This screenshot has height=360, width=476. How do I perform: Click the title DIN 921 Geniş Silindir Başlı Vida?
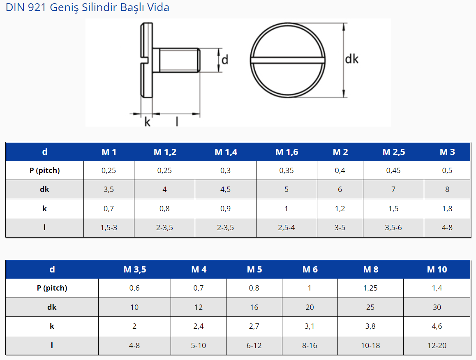coord(88,7)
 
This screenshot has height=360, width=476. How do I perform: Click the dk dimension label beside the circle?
coord(351,59)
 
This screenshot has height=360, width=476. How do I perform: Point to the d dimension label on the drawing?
coord(225,60)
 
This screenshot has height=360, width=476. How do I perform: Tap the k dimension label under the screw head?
coord(147,122)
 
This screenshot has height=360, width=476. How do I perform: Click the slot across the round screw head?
coord(287,60)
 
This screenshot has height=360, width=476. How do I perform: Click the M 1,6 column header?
coord(287,152)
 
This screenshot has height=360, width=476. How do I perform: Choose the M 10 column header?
coord(437,269)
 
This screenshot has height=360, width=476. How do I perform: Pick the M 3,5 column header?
coord(134,269)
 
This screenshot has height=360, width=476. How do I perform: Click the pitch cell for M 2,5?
coord(393,171)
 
